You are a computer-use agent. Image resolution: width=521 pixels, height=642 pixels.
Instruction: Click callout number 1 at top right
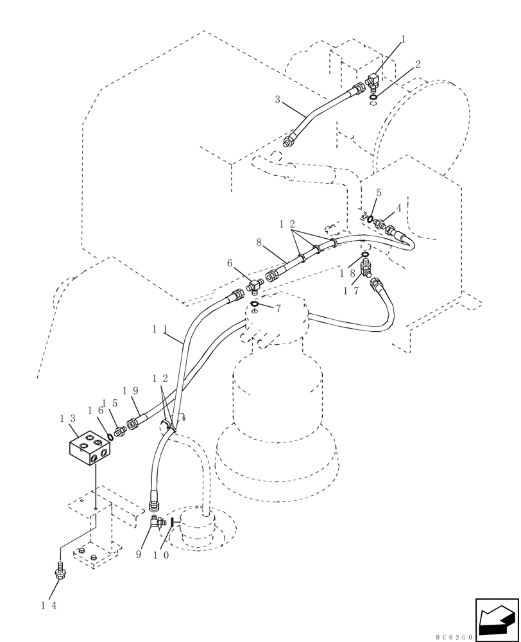pos(404,40)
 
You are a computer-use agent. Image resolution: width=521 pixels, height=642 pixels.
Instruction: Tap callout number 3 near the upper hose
pos(277,100)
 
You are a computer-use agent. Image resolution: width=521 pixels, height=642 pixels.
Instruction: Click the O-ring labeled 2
pos(373,98)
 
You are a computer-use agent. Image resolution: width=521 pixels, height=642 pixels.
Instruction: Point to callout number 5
pos(379,193)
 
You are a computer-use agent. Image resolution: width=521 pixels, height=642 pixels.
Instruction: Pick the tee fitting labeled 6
pos(255,282)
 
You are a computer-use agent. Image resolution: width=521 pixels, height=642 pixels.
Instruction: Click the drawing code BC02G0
pos(454,637)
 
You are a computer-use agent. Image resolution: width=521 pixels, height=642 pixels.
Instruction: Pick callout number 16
pos(95,410)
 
